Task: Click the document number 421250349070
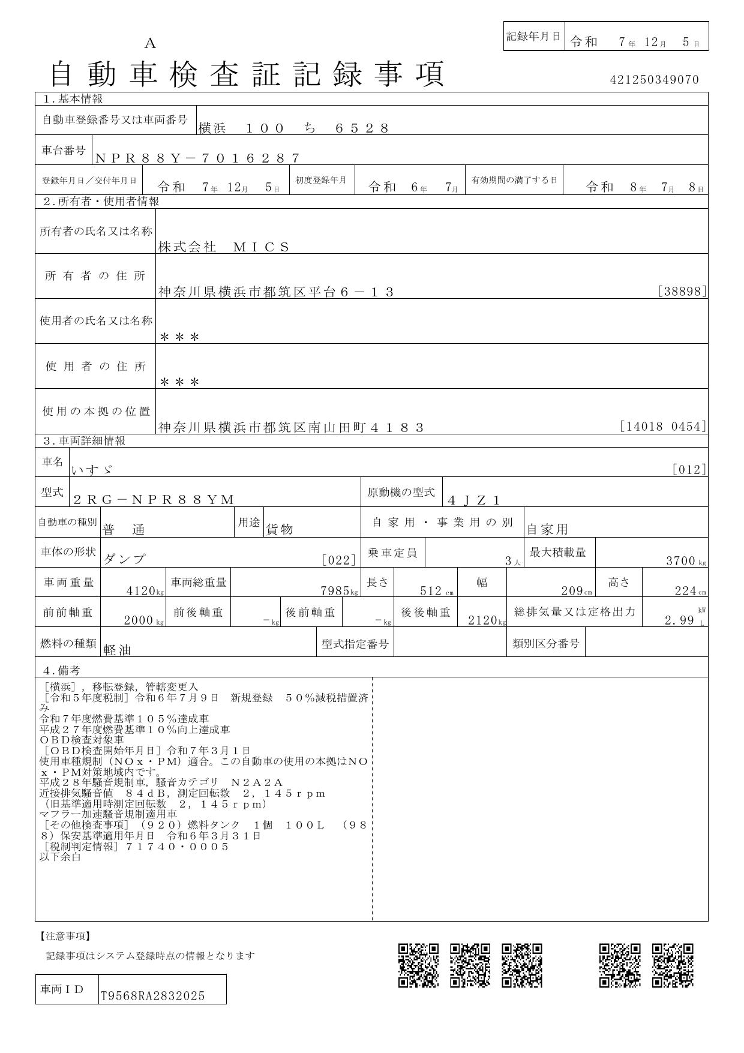click(x=654, y=80)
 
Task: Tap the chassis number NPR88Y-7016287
click(x=197, y=158)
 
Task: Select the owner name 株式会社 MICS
click(x=224, y=247)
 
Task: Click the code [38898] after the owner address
click(x=682, y=292)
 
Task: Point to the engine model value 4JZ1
click(x=473, y=500)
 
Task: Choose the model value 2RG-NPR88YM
click(x=154, y=500)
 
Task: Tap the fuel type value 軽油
click(x=117, y=650)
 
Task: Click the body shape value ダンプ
click(x=124, y=559)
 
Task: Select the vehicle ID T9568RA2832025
click(x=152, y=996)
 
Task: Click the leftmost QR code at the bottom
click(x=418, y=965)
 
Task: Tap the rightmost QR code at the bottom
click(x=673, y=965)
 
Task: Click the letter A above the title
click(x=150, y=44)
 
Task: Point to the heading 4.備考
click(x=60, y=670)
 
